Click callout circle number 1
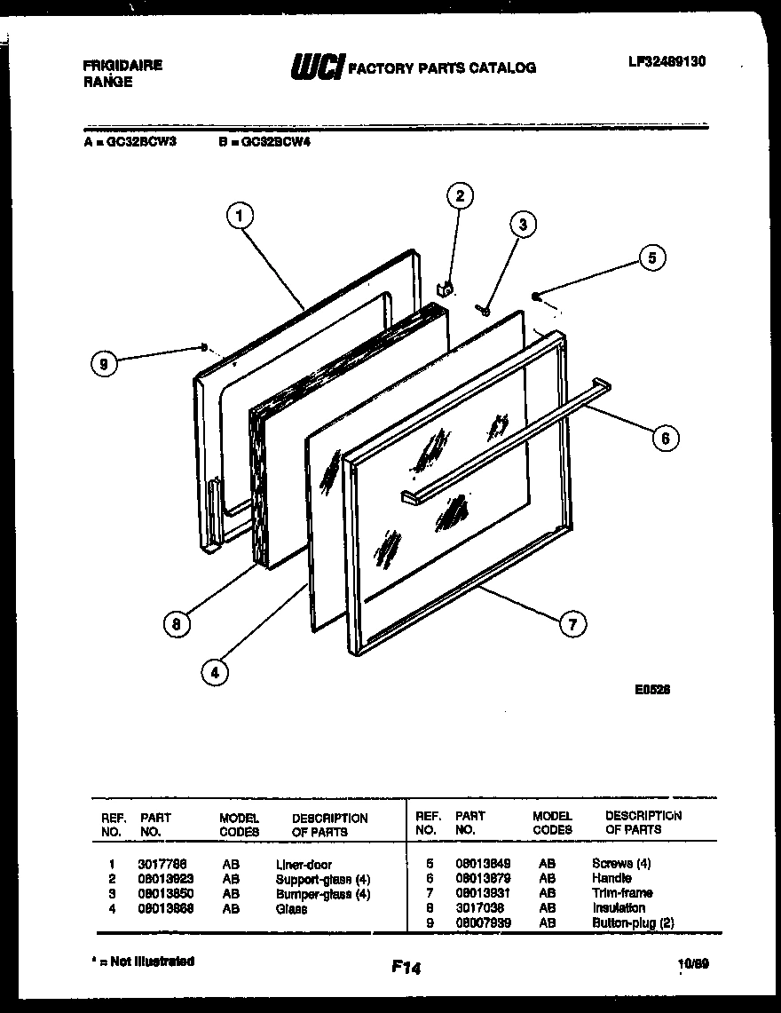point(240,215)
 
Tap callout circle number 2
point(460,196)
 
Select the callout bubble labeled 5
point(651,258)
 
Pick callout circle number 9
point(106,364)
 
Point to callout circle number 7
point(572,625)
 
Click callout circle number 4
point(213,673)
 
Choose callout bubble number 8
point(176,624)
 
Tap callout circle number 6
point(666,437)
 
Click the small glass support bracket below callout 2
point(448,287)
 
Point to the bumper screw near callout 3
point(484,310)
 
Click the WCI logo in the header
point(317,67)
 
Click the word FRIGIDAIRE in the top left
point(122,66)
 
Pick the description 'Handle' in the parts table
point(611,878)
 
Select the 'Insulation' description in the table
point(618,907)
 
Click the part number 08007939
point(483,922)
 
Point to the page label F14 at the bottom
point(405,969)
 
